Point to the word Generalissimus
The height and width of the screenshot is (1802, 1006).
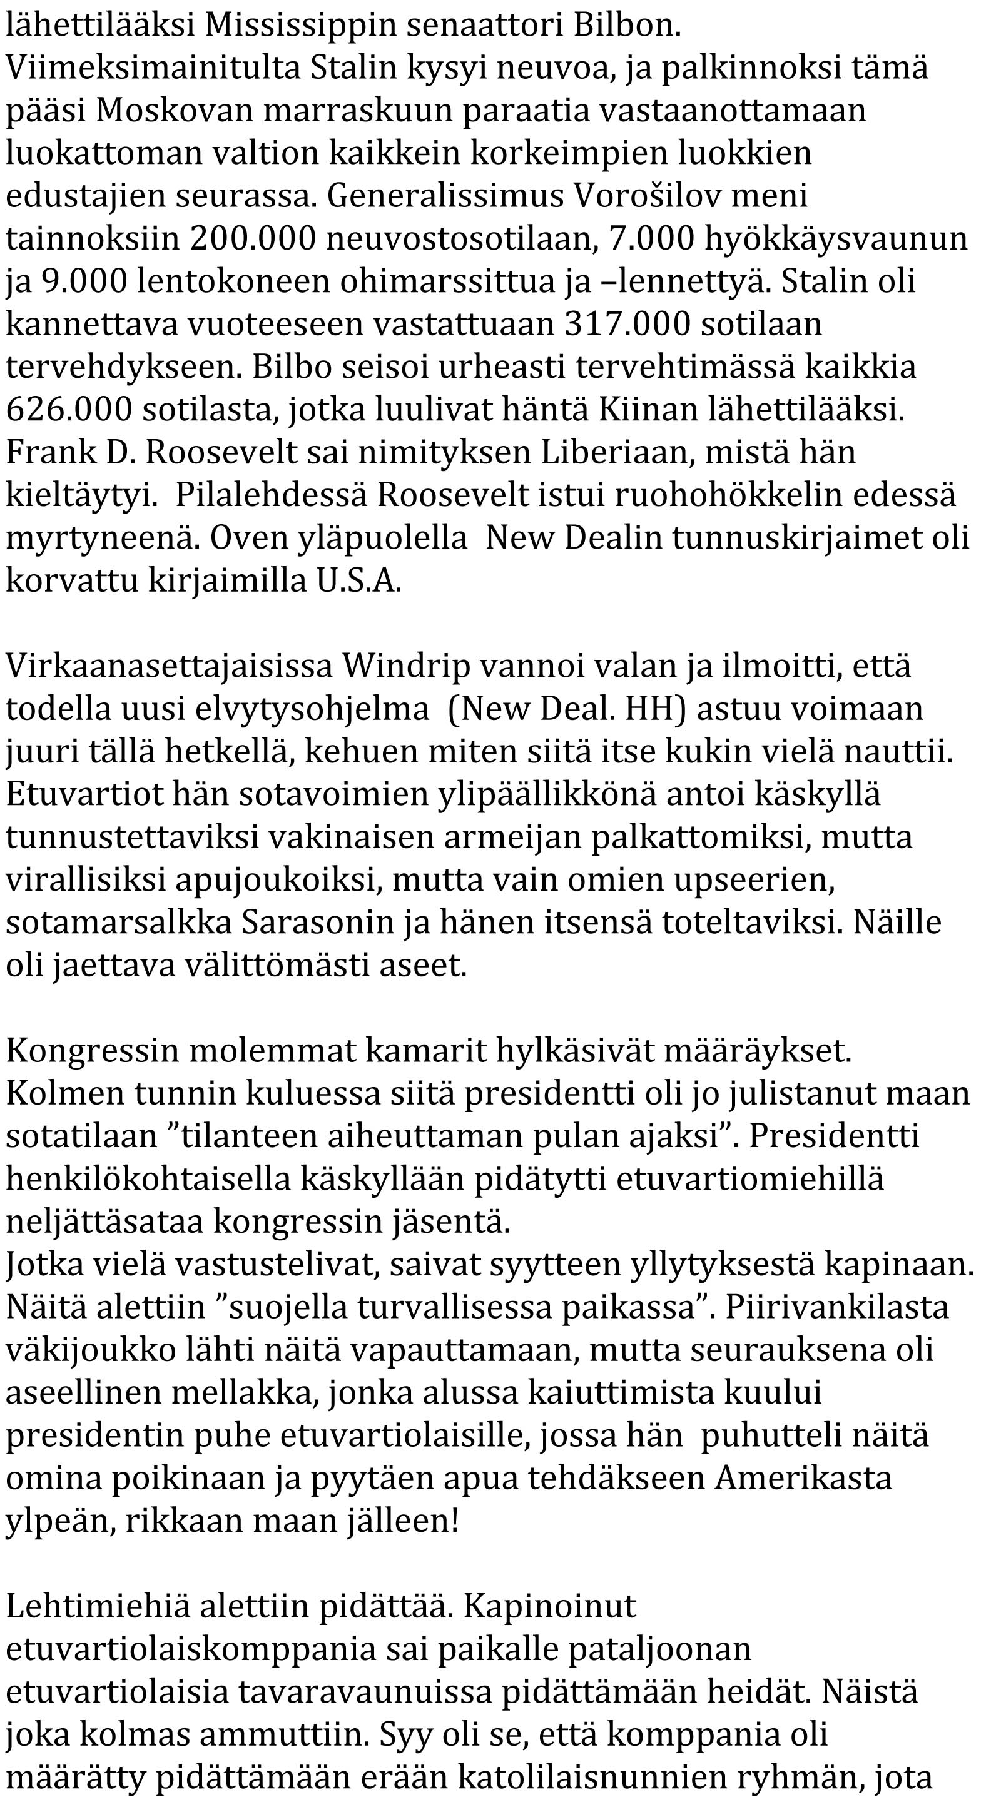pos(445,196)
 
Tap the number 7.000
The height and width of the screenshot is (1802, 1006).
pos(651,238)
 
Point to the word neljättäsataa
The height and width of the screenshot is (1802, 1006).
pos(104,1221)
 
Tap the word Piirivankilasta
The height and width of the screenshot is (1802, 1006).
pos(836,1306)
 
